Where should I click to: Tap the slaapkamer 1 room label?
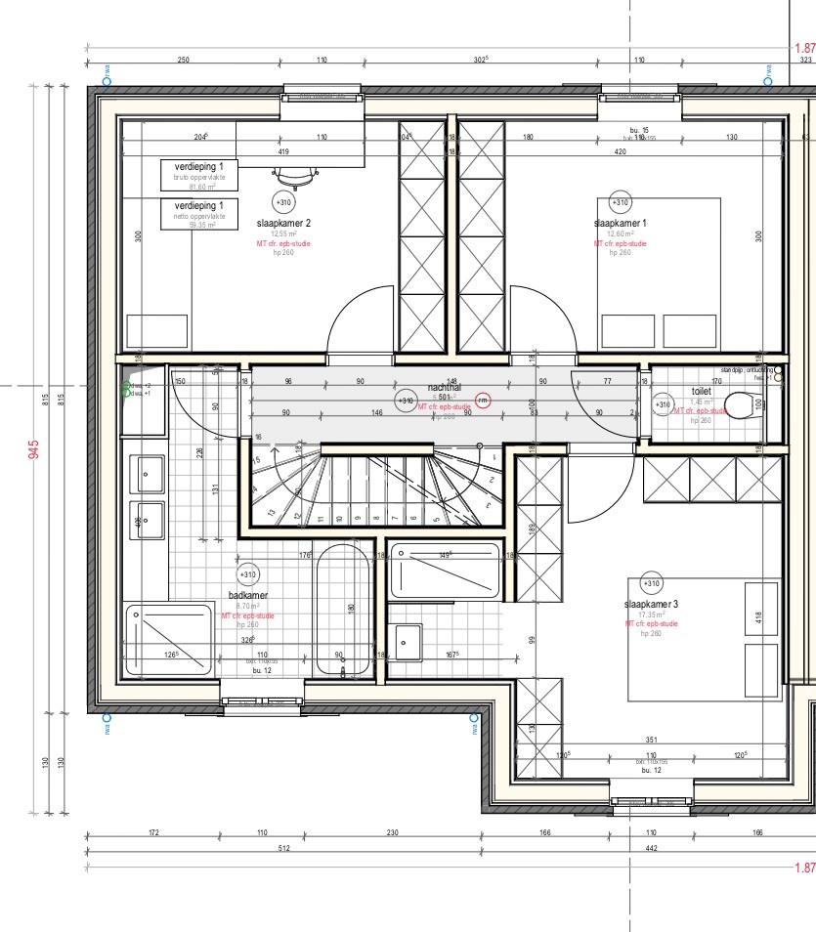[620, 223]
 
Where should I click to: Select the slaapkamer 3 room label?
[651, 605]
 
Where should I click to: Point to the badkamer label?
[248, 595]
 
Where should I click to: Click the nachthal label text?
[444, 387]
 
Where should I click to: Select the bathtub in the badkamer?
[342, 611]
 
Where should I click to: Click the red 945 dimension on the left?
[34, 449]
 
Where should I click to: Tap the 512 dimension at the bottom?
[283, 848]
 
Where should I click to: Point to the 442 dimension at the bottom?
[652, 848]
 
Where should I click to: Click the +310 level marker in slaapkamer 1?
[620, 202]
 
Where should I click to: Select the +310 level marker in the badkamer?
[248, 574]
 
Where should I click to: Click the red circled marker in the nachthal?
[483, 400]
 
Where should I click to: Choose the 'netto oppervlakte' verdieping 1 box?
[199, 212]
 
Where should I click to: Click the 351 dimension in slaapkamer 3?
[650, 741]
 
